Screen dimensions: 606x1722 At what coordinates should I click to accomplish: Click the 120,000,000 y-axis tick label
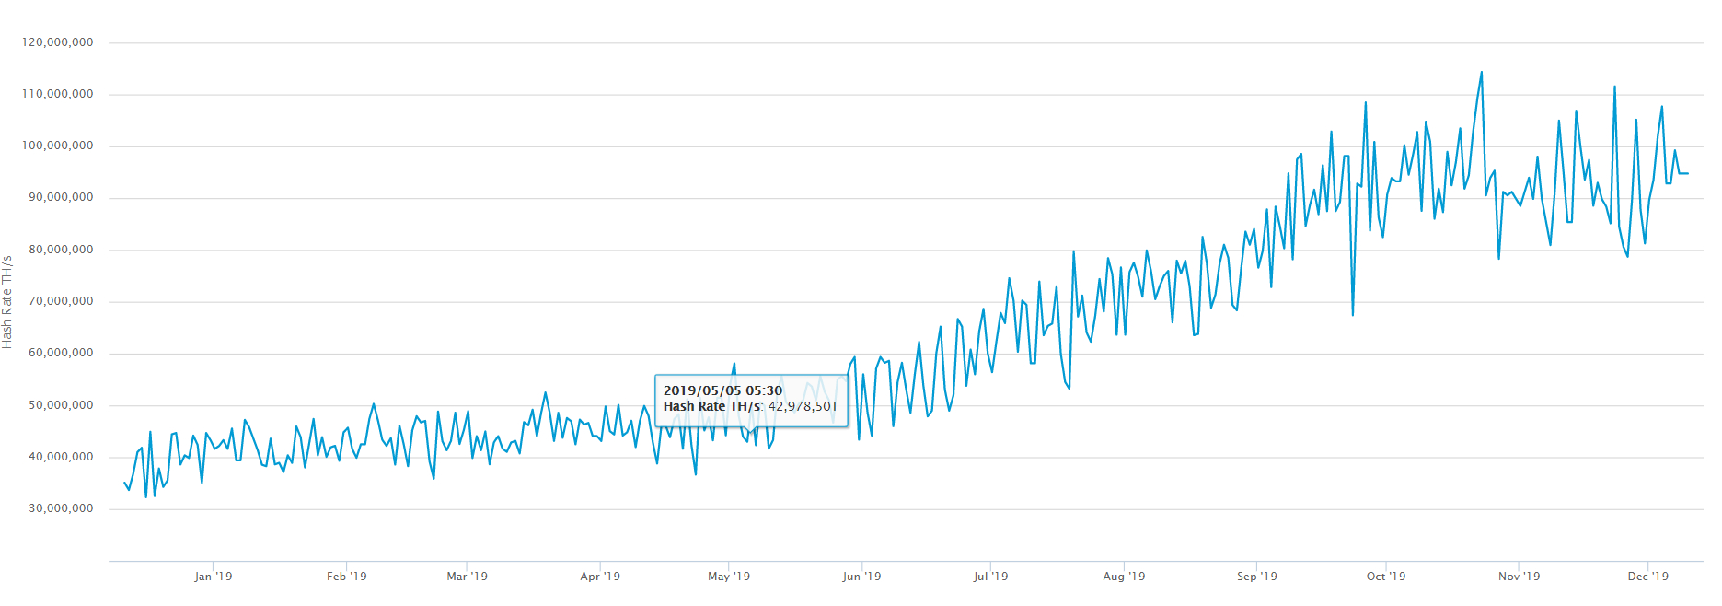tap(58, 42)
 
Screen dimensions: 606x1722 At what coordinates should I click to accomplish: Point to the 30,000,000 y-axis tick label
tap(61, 508)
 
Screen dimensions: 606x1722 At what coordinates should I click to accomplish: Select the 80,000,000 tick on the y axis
tap(61, 250)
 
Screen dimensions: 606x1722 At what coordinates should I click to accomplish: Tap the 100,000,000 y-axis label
tap(58, 146)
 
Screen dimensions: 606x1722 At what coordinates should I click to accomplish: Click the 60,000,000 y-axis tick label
tap(61, 353)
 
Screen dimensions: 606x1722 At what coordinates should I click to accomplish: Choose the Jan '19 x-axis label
tap(213, 577)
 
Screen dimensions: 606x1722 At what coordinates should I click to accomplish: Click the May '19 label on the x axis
tap(728, 577)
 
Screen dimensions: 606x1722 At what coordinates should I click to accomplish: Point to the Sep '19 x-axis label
tap(1256, 577)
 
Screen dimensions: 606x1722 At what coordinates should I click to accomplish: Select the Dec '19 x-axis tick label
tap(1647, 577)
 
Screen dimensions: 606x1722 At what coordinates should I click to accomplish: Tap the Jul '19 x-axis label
tap(990, 577)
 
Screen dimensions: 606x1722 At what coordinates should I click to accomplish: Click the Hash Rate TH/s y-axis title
tap(7, 302)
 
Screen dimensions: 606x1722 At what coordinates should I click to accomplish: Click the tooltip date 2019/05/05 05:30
tap(722, 390)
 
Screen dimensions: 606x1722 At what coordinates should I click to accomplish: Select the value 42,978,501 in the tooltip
tap(803, 406)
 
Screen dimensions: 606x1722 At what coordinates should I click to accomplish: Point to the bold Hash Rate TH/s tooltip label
tap(712, 406)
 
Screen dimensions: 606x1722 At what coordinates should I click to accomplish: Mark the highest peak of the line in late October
tap(1481, 72)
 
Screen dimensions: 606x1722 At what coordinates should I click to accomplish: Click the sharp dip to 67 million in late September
tap(1352, 315)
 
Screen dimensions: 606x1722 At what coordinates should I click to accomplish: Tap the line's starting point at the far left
tap(124, 482)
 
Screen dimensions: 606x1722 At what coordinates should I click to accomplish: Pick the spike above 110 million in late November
tap(1614, 87)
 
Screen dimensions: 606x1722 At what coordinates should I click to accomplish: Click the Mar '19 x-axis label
tap(467, 577)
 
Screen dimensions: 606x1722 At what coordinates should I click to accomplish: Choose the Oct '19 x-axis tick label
tap(1385, 577)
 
